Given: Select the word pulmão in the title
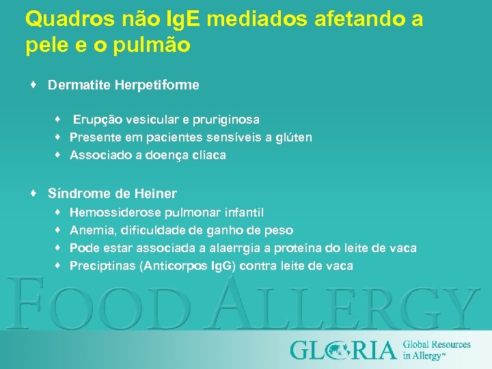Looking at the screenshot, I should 157,46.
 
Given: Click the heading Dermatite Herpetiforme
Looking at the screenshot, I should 124,85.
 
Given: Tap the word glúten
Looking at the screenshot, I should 295,137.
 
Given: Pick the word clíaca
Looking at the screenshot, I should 207,155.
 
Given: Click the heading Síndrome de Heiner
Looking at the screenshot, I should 112,193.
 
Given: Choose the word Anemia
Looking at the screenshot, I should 92,230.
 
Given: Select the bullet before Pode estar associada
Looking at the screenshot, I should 59,248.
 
